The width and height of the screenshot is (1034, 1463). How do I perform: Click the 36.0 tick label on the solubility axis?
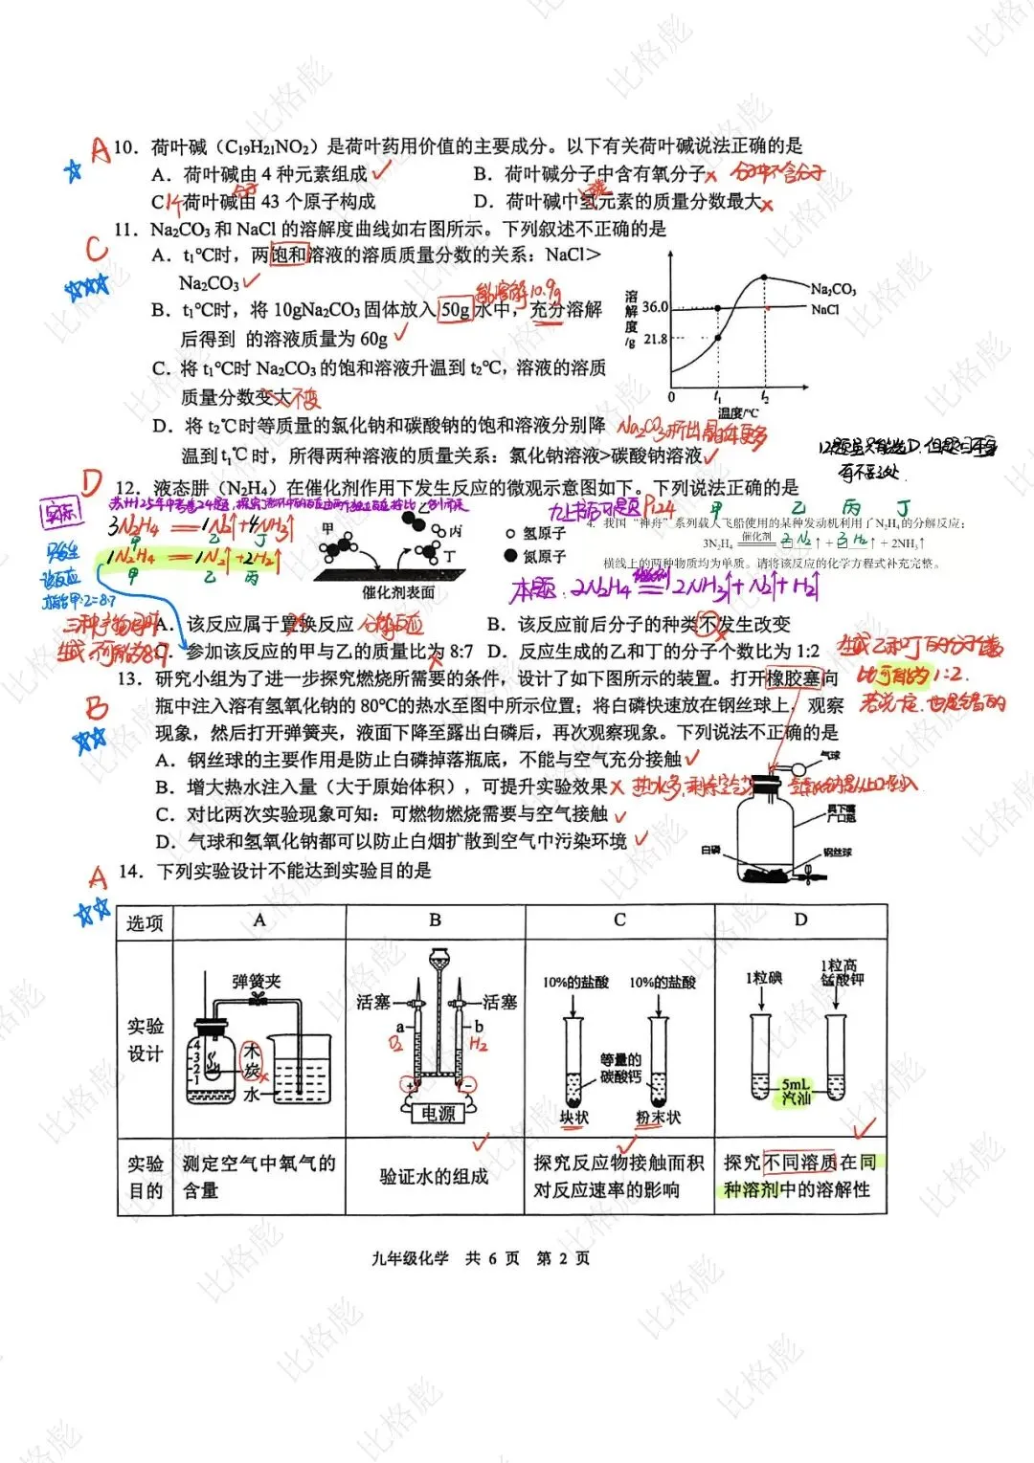pyautogui.click(x=655, y=307)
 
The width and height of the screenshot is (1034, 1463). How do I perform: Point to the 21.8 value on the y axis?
pyautogui.click(x=655, y=339)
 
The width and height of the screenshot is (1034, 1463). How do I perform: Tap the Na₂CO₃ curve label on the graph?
pyautogui.click(x=832, y=289)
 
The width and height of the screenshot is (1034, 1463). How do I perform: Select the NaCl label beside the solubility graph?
pyautogui.click(x=824, y=309)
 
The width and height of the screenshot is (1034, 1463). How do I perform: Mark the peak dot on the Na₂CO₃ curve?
pyautogui.click(x=764, y=278)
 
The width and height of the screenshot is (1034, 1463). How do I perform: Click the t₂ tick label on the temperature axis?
pyautogui.click(x=764, y=396)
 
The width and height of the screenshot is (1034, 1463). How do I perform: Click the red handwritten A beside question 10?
pyautogui.click(x=100, y=148)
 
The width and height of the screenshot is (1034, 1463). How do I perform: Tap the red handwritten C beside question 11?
pyautogui.click(x=96, y=249)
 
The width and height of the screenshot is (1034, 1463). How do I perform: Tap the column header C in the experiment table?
pyautogui.click(x=619, y=920)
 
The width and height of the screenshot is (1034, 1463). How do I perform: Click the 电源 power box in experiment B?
pyautogui.click(x=438, y=1114)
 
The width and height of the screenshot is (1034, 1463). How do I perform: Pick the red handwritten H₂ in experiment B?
pyautogui.click(x=479, y=1044)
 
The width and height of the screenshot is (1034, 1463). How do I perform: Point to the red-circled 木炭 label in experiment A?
pyautogui.click(x=251, y=1060)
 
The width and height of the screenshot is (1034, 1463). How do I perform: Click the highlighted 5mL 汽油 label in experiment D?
pyautogui.click(x=796, y=1092)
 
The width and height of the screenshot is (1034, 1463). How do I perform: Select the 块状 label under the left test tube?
pyautogui.click(x=574, y=1118)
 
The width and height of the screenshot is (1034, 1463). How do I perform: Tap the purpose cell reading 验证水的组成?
pyautogui.click(x=434, y=1176)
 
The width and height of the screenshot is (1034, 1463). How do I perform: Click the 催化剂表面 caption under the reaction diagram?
pyautogui.click(x=398, y=593)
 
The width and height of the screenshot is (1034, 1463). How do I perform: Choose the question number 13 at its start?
pyautogui.click(x=129, y=678)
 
